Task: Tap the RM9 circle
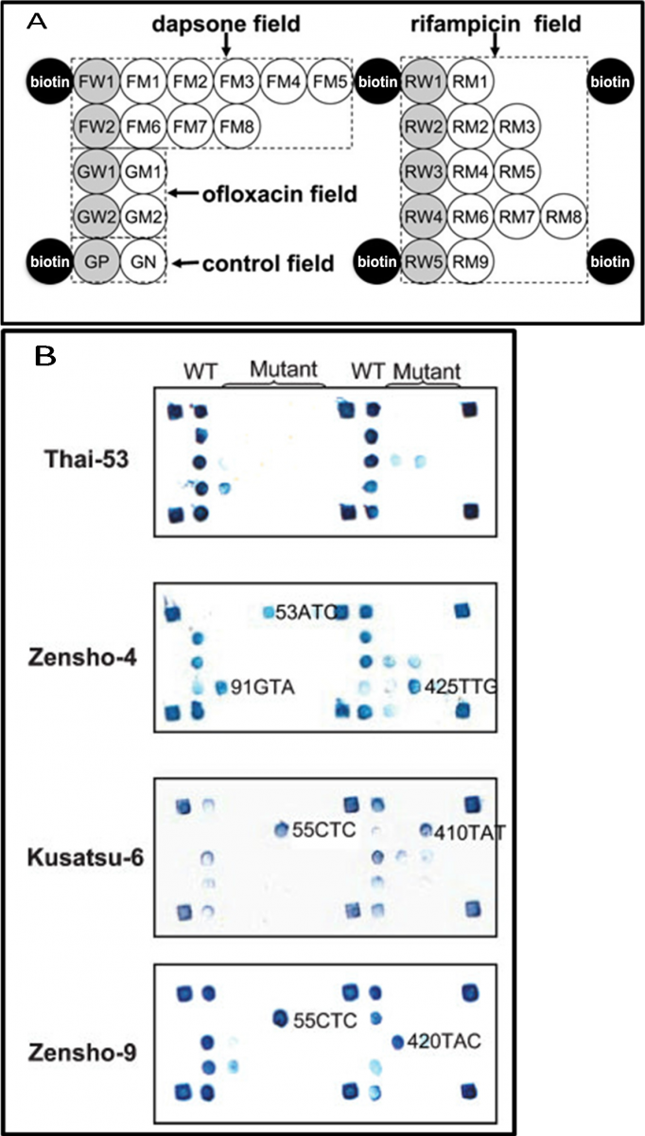468,262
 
